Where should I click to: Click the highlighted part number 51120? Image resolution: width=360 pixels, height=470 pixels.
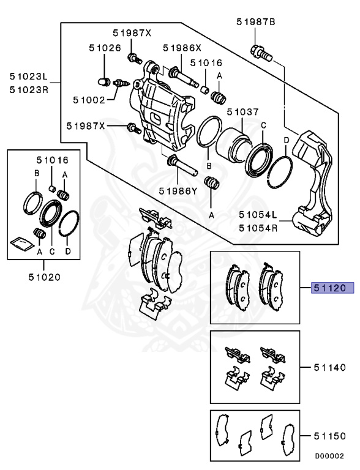click(329, 286)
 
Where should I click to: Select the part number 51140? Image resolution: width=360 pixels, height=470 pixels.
click(330, 367)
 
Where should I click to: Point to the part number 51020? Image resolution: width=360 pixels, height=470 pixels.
click(44, 277)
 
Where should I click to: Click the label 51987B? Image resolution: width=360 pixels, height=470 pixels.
click(256, 22)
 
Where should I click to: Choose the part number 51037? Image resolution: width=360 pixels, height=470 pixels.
click(243, 112)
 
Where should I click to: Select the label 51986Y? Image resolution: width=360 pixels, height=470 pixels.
click(178, 190)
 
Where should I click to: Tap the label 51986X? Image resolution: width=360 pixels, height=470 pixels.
click(181, 48)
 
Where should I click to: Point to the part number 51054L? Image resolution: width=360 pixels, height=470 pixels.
click(258, 215)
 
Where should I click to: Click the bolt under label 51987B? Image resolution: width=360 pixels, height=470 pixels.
click(260, 51)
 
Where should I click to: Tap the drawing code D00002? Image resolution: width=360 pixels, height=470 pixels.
click(329, 456)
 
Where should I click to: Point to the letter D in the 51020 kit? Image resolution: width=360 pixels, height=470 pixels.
click(68, 252)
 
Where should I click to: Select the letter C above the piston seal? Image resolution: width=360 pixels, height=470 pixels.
click(263, 126)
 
